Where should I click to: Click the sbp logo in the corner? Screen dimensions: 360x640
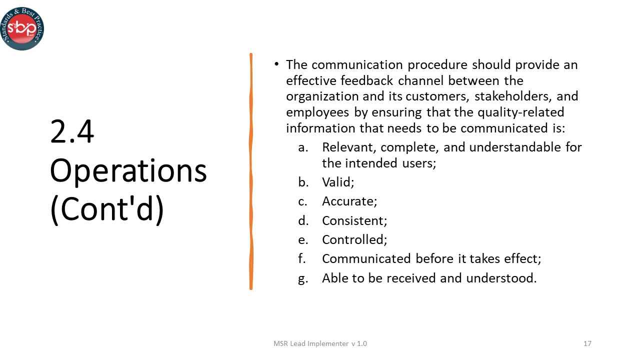(22, 28)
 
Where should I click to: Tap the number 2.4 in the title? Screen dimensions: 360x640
(72, 132)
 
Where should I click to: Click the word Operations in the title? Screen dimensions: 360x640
(128, 171)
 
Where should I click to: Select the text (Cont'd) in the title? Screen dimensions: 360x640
(107, 210)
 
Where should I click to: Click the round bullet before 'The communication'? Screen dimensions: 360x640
(276, 64)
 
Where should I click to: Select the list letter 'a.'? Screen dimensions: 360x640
(302, 147)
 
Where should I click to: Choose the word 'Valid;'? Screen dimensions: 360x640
(338, 182)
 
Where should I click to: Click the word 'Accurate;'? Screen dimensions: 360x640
(349, 201)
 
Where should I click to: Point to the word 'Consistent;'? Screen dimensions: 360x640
(354, 220)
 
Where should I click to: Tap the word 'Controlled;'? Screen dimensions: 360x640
(354, 239)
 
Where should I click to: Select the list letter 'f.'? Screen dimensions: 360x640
(301, 259)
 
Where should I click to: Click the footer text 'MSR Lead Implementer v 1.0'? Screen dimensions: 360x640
(320, 343)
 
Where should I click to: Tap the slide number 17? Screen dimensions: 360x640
(587, 343)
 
